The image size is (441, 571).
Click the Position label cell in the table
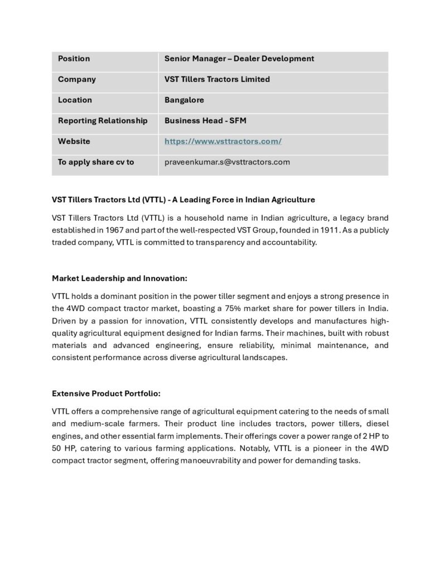pyautogui.click(x=74, y=59)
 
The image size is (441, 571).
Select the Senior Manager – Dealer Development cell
pyautogui.click(x=239, y=59)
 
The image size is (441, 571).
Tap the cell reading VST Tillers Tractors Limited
pyautogui.click(x=217, y=79)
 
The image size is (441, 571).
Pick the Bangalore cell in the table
pyautogui.click(x=184, y=100)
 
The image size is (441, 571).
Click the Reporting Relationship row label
pyautogui.click(x=103, y=120)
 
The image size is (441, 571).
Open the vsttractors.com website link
pyautogui.click(x=223, y=141)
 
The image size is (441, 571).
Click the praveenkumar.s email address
pyautogui.click(x=227, y=162)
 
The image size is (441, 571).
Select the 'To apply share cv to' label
pyautogui.click(x=96, y=162)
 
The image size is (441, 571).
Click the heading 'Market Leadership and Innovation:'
pyautogui.click(x=119, y=278)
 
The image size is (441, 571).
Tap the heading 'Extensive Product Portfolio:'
pyautogui.click(x=106, y=393)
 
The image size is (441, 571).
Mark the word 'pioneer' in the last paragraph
pyautogui.click(x=314, y=448)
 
